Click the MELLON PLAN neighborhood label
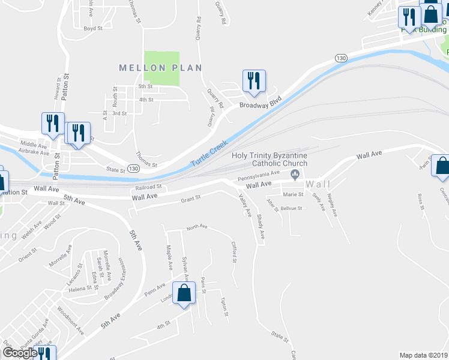point(160,68)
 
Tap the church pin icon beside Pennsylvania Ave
point(295,175)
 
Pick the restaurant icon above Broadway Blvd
point(254,81)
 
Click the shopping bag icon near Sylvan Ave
point(185,293)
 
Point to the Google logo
point(20,353)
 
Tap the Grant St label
point(190,197)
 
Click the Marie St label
point(293,194)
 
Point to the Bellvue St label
point(291,208)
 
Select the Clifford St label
point(234,251)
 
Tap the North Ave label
point(196,227)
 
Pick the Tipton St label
point(223,306)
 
